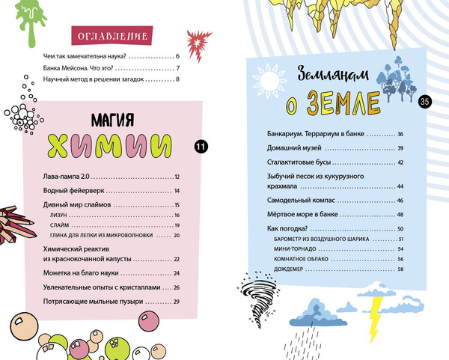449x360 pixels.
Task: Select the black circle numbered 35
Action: [x=425, y=102]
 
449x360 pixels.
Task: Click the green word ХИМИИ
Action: [x=117, y=142]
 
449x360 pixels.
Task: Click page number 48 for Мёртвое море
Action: [x=400, y=214]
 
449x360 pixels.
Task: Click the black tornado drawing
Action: [x=250, y=295]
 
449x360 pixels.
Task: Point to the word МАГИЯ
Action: [x=117, y=118]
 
